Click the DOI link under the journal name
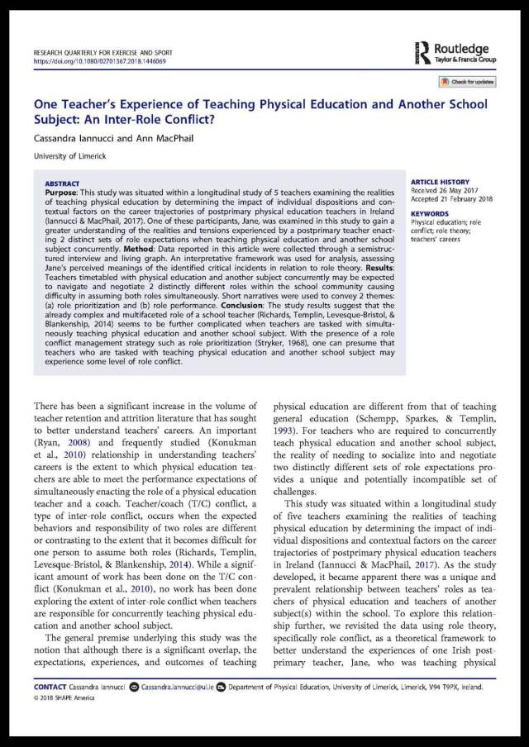pos(100,61)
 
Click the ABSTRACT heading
pos(63,183)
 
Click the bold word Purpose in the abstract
pos(64,192)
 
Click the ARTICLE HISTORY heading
pos(440,182)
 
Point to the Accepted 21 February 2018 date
pos(452,200)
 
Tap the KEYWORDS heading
pos(430,213)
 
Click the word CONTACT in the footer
pos(50,687)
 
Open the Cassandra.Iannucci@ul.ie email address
pos(179,687)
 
